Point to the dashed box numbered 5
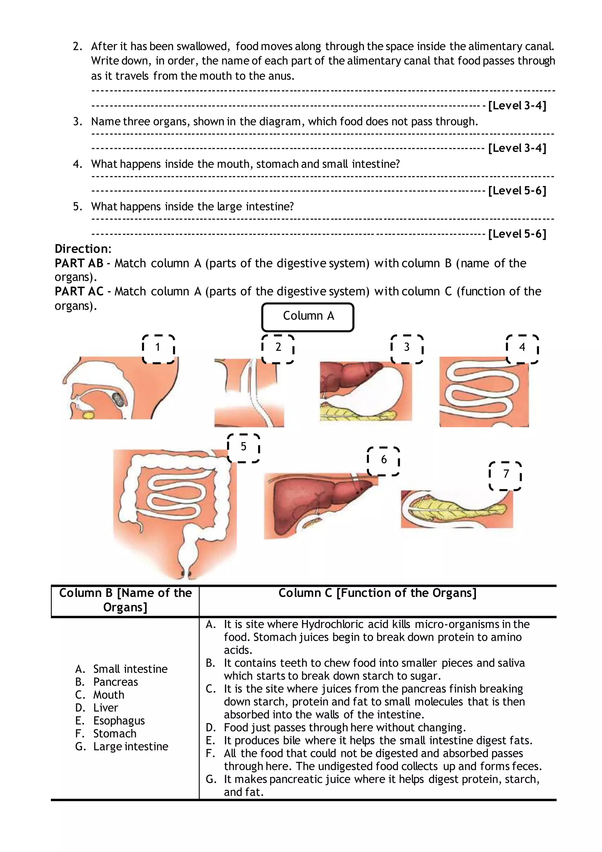(243, 448)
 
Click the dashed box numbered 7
(505, 476)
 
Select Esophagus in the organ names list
(119, 720)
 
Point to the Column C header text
(377, 593)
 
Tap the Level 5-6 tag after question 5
(517, 234)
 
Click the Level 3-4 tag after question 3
(517, 149)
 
